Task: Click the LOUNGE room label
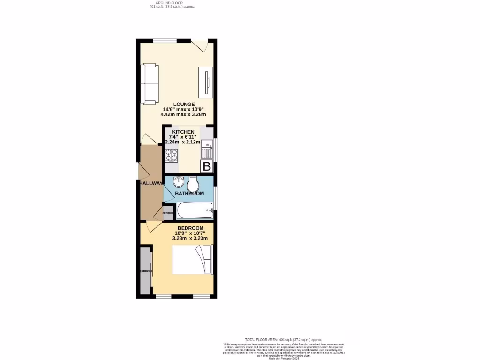point(184,104)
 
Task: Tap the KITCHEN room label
point(186,132)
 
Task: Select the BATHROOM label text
point(189,194)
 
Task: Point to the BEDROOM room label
point(190,228)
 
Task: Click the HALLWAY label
point(150,183)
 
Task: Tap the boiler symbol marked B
point(207,166)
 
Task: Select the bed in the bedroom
point(192,260)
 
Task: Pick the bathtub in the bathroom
point(195,210)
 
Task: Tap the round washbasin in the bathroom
point(179,182)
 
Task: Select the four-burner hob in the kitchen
point(171,155)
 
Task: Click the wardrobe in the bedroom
point(145,271)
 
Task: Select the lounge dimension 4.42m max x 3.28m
point(183,114)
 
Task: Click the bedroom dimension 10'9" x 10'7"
point(190,233)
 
